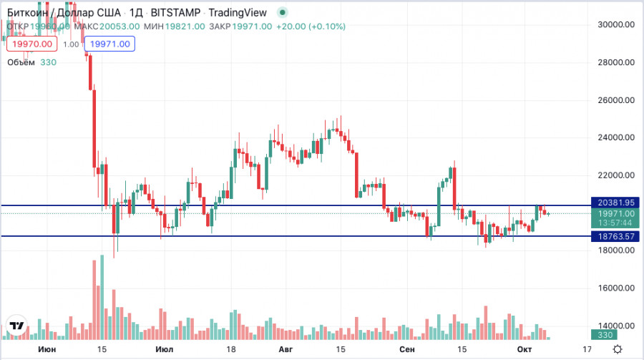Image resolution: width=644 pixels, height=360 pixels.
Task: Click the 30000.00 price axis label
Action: click(616, 24)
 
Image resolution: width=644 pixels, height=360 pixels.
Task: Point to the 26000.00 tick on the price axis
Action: click(616, 100)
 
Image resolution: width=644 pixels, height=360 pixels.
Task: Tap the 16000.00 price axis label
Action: click(616, 288)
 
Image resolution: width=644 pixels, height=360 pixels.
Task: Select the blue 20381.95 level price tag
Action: click(613, 203)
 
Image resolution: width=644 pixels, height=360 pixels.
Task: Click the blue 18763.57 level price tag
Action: click(613, 236)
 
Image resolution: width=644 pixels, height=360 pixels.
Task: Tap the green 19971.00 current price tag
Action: click(613, 213)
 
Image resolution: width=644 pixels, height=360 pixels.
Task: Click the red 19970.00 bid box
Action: click(29, 44)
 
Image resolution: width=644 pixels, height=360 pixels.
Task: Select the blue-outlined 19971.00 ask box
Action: click(110, 44)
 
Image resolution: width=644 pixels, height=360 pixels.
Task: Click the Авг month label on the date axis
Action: click(285, 349)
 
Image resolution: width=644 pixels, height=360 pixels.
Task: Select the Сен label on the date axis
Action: click(407, 349)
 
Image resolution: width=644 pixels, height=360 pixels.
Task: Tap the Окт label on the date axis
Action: click(525, 349)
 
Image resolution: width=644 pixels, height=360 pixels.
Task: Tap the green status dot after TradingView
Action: click(283, 12)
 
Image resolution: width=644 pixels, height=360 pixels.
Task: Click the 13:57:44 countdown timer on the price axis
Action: click(613, 223)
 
